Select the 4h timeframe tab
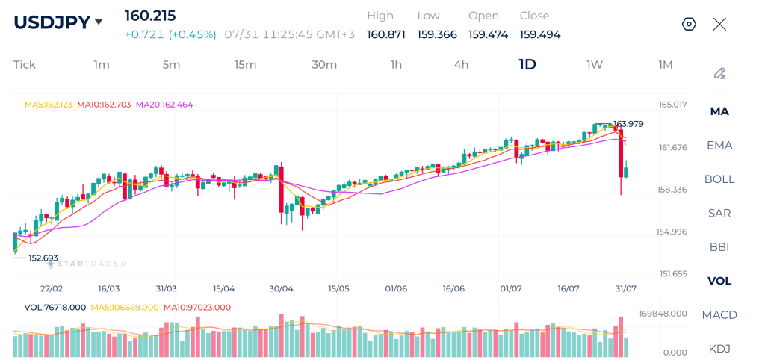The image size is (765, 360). tap(461, 65)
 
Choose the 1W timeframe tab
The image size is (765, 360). tap(594, 65)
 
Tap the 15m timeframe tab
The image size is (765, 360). tap(245, 65)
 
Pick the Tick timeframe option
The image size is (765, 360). tap(25, 65)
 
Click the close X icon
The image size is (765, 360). tap(719, 24)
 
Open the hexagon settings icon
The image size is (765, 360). tap(689, 24)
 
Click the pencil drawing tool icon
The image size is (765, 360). tap(719, 74)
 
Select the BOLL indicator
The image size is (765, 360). tap(719, 179)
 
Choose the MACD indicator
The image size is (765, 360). tap(719, 314)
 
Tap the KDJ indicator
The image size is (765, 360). tap(719, 349)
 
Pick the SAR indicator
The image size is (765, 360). tap(719, 213)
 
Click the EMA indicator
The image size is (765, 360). tap(719, 145)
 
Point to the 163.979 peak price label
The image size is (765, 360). tap(628, 124)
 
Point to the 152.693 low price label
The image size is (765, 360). tap(43, 258)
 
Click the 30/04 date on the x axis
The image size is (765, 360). tap(281, 288)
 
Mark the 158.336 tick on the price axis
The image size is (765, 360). tap(672, 189)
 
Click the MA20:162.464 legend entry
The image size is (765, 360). tap(164, 105)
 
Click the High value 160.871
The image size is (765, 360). tap(386, 34)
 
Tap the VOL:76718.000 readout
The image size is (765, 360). tap(55, 307)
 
